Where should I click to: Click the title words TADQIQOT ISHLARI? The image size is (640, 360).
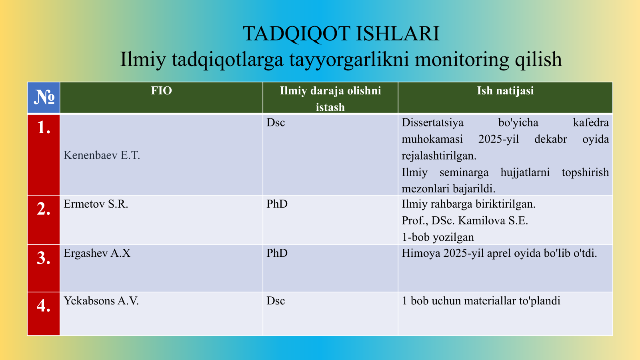[x=341, y=34]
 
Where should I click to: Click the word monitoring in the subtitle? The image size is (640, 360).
[x=462, y=59]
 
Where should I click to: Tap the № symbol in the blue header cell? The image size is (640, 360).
[x=44, y=98]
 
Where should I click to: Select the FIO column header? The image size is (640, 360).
[x=162, y=91]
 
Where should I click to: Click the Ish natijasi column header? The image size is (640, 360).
[x=505, y=91]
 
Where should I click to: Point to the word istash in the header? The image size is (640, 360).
[x=330, y=108]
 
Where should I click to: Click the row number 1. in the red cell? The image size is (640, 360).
[x=44, y=128]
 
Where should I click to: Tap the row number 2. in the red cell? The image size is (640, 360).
[x=44, y=209]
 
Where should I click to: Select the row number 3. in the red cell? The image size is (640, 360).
[x=44, y=258]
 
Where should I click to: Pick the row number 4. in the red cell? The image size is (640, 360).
[x=44, y=306]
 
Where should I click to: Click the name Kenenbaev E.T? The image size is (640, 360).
[x=102, y=156]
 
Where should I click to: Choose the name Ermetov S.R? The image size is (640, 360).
[x=96, y=204]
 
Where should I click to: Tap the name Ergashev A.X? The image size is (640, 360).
[x=97, y=253]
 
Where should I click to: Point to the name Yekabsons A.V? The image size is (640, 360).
[x=101, y=301]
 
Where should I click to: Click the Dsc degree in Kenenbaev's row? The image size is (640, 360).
[x=276, y=122]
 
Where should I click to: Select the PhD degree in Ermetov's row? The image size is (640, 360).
[x=277, y=204]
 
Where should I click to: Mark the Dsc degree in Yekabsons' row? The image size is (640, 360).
[x=276, y=301]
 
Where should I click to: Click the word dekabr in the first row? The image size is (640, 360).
[x=550, y=139]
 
